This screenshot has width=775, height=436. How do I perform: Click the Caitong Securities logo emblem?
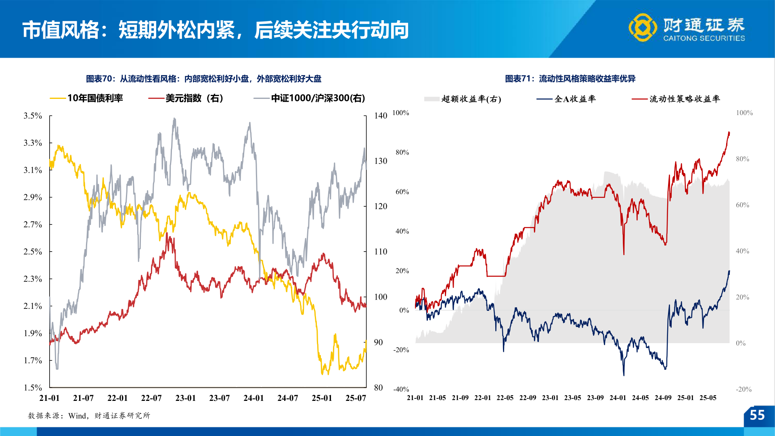point(643,27)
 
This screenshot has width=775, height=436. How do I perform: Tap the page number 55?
point(757,415)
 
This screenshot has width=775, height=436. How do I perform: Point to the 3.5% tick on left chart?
point(33,116)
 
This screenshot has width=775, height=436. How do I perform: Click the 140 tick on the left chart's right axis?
point(380,116)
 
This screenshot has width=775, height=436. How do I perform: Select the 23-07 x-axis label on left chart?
point(219,398)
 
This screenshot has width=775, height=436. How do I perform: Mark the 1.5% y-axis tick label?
point(33,388)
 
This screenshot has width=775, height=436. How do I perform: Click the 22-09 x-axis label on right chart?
point(528,398)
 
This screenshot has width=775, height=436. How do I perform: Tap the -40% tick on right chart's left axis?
point(401,389)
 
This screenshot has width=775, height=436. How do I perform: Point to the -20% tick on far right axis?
point(744,389)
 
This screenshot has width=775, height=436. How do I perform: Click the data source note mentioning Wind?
point(89,415)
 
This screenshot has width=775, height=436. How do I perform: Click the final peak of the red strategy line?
point(729,132)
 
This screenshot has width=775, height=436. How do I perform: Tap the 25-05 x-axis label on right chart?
point(708,398)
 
